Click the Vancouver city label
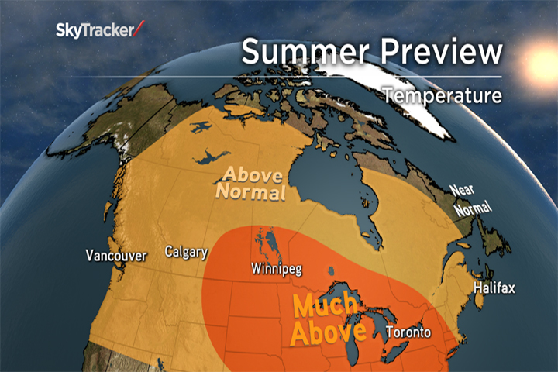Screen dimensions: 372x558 pos(116,256)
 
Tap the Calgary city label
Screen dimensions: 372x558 pos(186,252)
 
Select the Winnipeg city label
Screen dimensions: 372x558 pos(276,269)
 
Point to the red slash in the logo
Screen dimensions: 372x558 pos(139,29)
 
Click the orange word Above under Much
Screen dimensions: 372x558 pos(328,332)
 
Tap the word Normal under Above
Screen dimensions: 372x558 pos(250,191)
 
